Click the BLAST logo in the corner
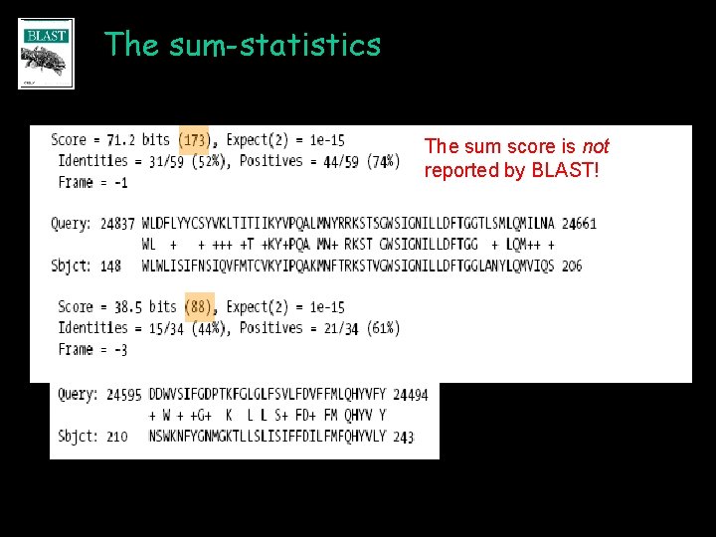(46, 54)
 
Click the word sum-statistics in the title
(274, 45)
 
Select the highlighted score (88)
(199, 307)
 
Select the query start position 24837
(117, 224)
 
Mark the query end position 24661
(579, 224)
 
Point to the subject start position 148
(110, 266)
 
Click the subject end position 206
(572, 266)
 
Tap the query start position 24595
(123, 395)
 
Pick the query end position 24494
(411, 395)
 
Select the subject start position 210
(117, 437)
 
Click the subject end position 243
(404, 437)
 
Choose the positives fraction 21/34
(338, 328)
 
